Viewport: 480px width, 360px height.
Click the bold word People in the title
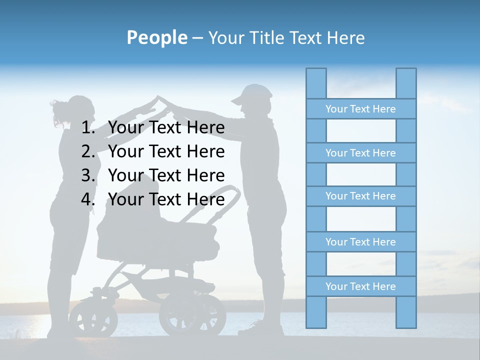[x=156, y=37]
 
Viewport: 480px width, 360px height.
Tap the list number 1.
[x=88, y=127]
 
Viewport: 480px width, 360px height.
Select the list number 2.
[x=88, y=151]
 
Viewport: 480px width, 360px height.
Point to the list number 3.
[x=88, y=175]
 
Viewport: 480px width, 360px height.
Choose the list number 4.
[x=88, y=199]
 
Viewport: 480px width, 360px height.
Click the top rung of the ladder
[x=360, y=109]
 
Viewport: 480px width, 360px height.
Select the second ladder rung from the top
[x=360, y=153]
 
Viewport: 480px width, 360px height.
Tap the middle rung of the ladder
[x=360, y=196]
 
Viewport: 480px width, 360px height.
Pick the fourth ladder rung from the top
[x=360, y=242]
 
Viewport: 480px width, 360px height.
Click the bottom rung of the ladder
[x=360, y=286]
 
